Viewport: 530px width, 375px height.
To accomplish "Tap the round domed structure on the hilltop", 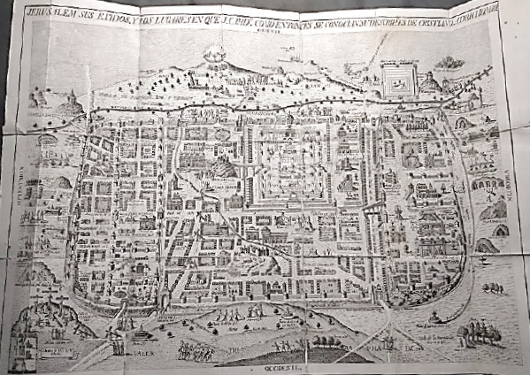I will click(216, 54).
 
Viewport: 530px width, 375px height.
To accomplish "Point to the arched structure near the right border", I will click(485, 187).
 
